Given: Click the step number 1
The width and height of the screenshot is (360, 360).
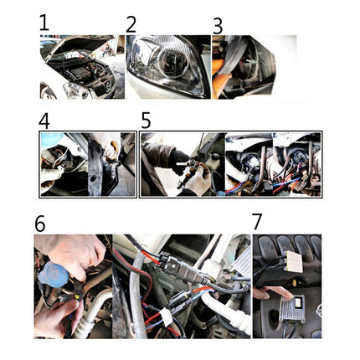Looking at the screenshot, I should tap(44, 23).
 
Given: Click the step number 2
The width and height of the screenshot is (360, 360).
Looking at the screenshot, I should tap(131, 24).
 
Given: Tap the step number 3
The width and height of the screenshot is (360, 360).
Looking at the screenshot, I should tap(217, 27).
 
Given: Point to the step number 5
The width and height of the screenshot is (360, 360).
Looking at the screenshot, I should tap(146, 121).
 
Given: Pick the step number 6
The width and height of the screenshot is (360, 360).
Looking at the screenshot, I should tap(40, 224).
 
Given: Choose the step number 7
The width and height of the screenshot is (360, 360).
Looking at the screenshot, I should tap(257, 223).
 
